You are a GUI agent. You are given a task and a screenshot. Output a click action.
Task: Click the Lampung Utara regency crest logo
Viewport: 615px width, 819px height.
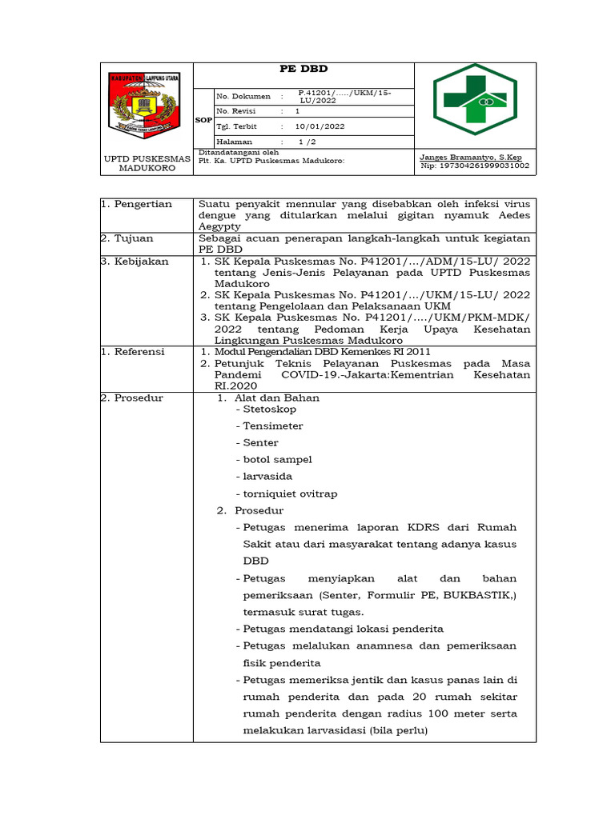pyautogui.click(x=146, y=105)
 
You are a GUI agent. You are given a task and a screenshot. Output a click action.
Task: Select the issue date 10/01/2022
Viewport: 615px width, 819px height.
pyautogui.click(x=320, y=126)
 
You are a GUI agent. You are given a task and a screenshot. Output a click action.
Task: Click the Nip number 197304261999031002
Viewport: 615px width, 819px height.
pyautogui.click(x=475, y=166)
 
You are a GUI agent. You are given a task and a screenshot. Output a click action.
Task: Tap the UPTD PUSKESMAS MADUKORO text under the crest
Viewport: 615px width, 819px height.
pyautogui.click(x=147, y=163)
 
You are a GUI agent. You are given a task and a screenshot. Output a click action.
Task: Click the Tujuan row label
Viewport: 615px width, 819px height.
pyautogui.click(x=131, y=239)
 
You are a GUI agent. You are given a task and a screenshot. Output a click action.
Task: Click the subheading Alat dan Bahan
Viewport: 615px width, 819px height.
pyautogui.click(x=276, y=398)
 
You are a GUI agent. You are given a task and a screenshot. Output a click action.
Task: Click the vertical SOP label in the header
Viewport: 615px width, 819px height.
pyautogui.click(x=203, y=119)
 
